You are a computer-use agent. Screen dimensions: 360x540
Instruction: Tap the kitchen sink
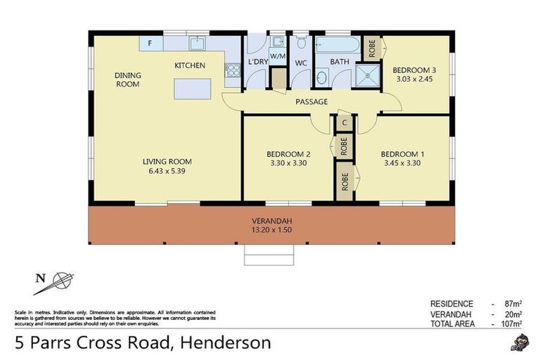[x=198, y=44]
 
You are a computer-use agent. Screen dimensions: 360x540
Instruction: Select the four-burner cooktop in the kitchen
[x=231, y=70]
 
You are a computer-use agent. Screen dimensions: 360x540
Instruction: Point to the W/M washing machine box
[x=278, y=56]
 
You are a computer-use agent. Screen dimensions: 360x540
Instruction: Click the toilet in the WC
[x=301, y=43]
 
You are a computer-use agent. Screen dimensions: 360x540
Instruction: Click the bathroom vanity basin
[x=321, y=77]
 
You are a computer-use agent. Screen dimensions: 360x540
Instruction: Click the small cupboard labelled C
[x=345, y=122]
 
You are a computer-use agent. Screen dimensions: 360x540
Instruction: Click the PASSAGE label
[x=311, y=102]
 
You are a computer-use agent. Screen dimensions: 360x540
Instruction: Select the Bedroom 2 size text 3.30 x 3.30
[x=288, y=163]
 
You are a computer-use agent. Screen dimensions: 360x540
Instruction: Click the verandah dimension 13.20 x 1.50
[x=271, y=229]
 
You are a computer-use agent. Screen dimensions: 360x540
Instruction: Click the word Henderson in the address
[x=226, y=344]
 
